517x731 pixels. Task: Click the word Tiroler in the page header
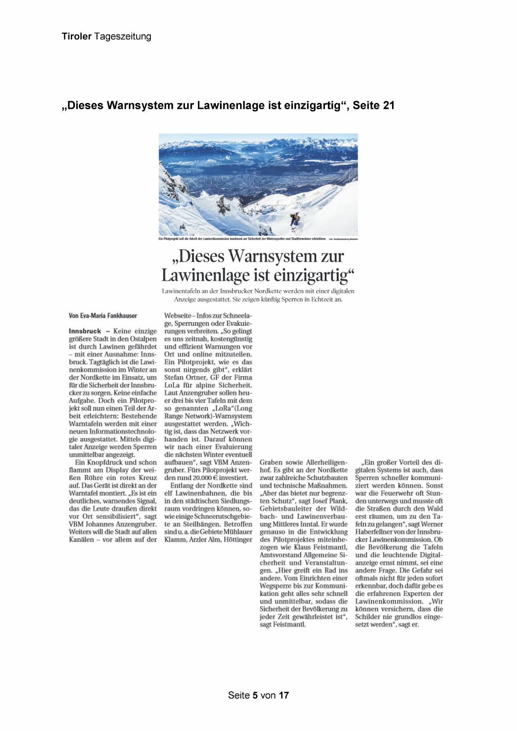(x=77, y=37)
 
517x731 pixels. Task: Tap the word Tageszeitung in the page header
(x=122, y=37)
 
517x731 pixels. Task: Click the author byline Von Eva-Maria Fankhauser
(x=102, y=316)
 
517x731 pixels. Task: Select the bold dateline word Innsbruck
(x=85, y=331)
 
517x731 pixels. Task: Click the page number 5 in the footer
(x=255, y=695)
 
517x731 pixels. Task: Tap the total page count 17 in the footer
(x=284, y=695)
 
